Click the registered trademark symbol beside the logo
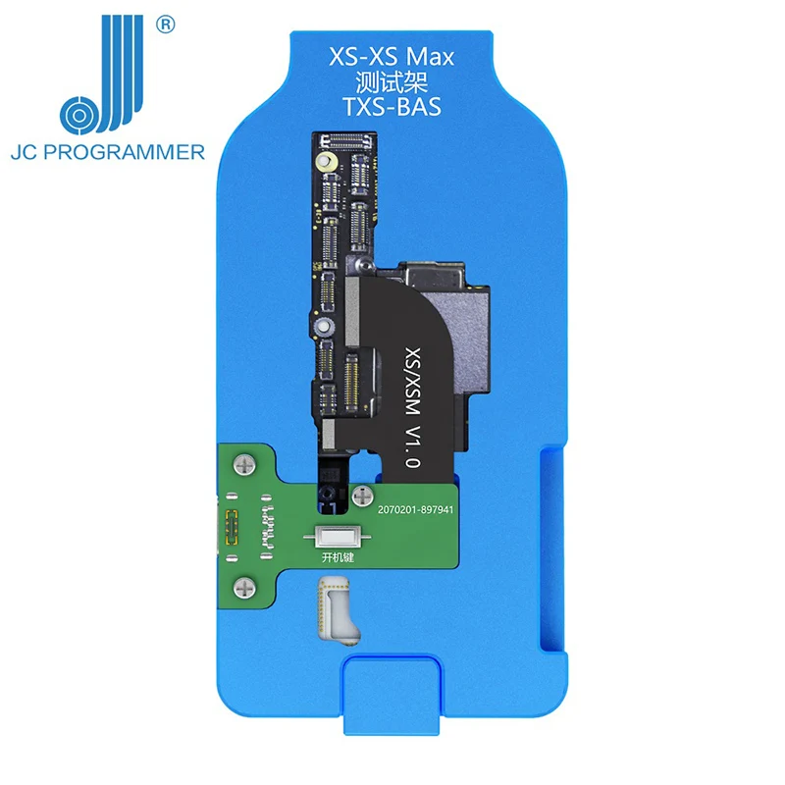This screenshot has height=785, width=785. [x=165, y=25]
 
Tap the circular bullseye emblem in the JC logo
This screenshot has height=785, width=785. [x=78, y=116]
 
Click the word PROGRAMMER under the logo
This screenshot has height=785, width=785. [x=125, y=152]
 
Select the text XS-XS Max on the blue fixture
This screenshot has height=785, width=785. [x=391, y=57]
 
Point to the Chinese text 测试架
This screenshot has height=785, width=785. [x=391, y=82]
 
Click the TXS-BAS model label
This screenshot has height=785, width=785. [x=392, y=107]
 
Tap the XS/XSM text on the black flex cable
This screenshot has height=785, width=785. [x=412, y=382]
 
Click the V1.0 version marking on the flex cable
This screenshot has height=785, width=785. [x=412, y=447]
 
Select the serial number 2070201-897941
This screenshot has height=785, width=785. [x=415, y=509]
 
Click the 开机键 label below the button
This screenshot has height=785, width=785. [x=338, y=557]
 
